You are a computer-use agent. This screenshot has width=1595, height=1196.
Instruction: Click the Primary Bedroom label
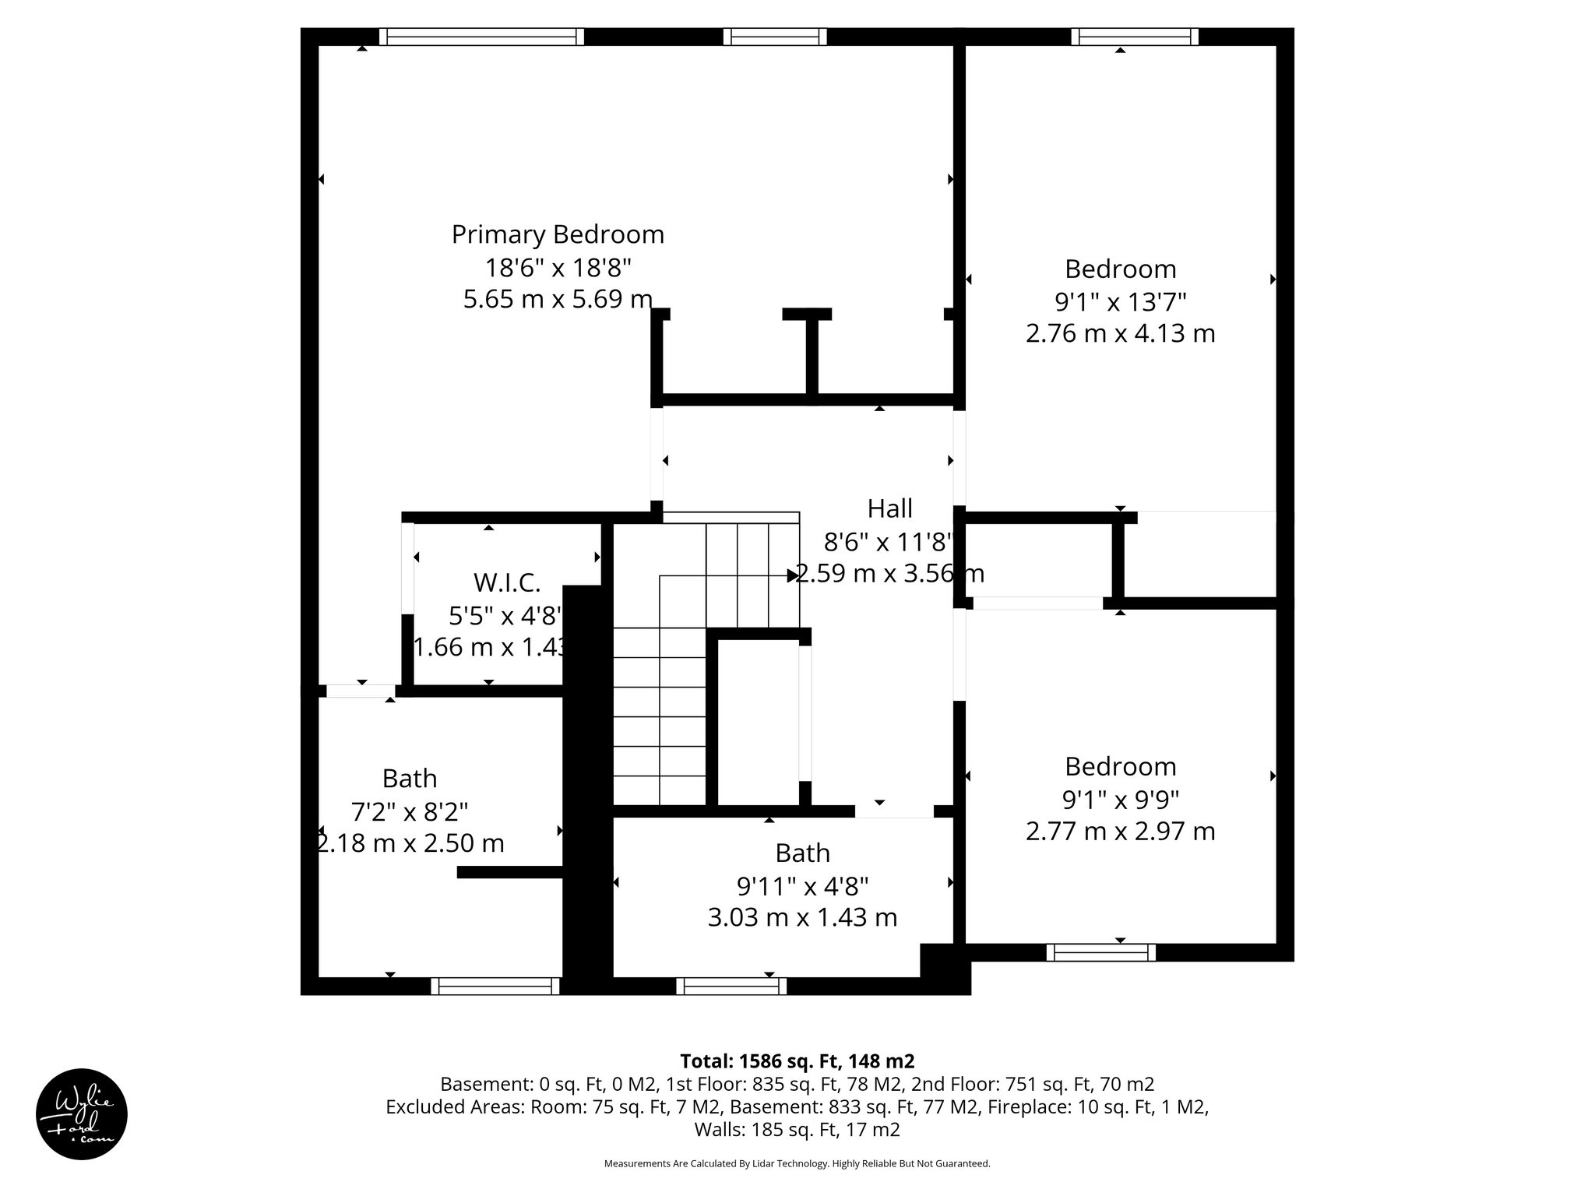558,234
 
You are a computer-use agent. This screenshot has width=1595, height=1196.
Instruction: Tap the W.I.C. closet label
506,582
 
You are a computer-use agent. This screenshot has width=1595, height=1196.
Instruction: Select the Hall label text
889,508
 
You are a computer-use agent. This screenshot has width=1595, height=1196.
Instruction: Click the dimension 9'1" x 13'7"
1120,301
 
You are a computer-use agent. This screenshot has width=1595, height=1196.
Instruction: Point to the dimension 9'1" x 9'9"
1120,799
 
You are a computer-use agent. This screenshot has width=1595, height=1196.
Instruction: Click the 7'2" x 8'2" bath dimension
410,811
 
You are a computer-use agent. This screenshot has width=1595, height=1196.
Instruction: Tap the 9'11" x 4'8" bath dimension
802,885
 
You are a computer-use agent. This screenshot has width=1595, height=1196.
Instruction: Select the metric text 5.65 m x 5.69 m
558,299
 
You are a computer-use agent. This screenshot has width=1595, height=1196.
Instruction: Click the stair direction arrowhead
792,575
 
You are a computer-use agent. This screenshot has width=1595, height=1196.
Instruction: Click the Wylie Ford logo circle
82,1114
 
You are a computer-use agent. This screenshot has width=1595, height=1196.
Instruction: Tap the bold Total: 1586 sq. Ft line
797,1061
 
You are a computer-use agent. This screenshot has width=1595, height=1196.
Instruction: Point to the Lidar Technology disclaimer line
797,1163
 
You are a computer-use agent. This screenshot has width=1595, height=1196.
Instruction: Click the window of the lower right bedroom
1100,952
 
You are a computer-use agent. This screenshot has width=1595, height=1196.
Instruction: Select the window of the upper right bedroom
1134,37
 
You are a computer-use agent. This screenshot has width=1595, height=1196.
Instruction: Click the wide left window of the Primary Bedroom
481,37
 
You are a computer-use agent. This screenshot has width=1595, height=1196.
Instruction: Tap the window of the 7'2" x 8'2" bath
495,987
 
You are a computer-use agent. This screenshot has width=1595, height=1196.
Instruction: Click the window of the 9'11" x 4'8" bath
731,987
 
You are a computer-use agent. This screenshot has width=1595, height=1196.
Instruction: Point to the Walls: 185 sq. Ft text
797,1130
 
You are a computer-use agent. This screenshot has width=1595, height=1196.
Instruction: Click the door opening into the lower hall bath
893,811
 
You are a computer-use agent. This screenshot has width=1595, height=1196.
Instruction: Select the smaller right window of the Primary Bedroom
774,37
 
